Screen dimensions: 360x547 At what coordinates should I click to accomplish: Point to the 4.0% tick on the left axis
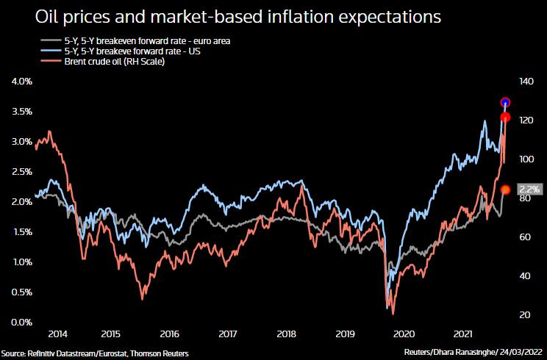click(x=22, y=82)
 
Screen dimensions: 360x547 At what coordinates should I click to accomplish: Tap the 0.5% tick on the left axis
click(x=22, y=292)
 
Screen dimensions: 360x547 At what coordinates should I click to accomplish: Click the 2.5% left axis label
click(x=22, y=172)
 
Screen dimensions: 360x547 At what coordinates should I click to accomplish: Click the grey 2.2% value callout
click(x=529, y=189)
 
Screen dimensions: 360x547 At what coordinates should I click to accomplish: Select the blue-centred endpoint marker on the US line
click(x=505, y=102)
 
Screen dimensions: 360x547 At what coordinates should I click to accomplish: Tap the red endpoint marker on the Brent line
click(x=506, y=118)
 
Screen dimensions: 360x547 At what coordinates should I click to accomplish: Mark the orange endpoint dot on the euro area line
click(x=505, y=190)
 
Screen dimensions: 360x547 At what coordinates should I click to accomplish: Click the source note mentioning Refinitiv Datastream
click(x=95, y=353)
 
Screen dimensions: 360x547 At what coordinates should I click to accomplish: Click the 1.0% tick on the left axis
click(x=22, y=262)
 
